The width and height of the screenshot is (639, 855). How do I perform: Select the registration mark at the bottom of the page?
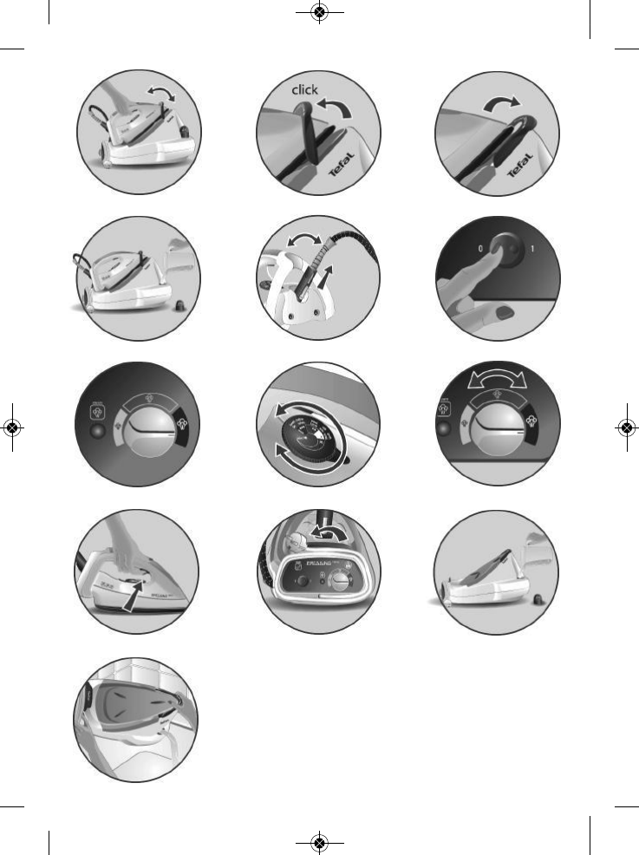tap(320, 842)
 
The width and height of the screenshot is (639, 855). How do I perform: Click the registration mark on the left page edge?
tap(12, 427)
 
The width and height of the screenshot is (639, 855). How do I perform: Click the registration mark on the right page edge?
tap(627, 427)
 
